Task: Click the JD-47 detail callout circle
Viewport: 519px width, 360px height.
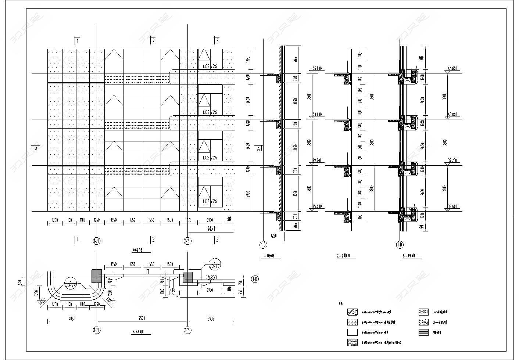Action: tap(69, 284)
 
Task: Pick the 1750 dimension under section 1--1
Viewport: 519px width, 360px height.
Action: tap(273, 235)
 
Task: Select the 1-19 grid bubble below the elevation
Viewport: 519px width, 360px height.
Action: tap(187, 241)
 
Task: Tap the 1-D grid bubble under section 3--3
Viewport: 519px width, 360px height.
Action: tap(400, 245)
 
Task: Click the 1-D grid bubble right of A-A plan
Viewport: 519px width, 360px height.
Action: tap(255, 280)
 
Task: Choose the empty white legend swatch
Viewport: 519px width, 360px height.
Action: tap(352, 332)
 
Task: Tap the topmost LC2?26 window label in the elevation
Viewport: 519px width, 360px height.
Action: tap(210, 66)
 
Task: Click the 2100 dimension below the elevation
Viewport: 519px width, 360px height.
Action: tap(210, 220)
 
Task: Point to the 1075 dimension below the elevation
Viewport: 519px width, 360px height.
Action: tap(188, 220)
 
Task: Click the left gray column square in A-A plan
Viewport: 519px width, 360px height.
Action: tap(97, 276)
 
